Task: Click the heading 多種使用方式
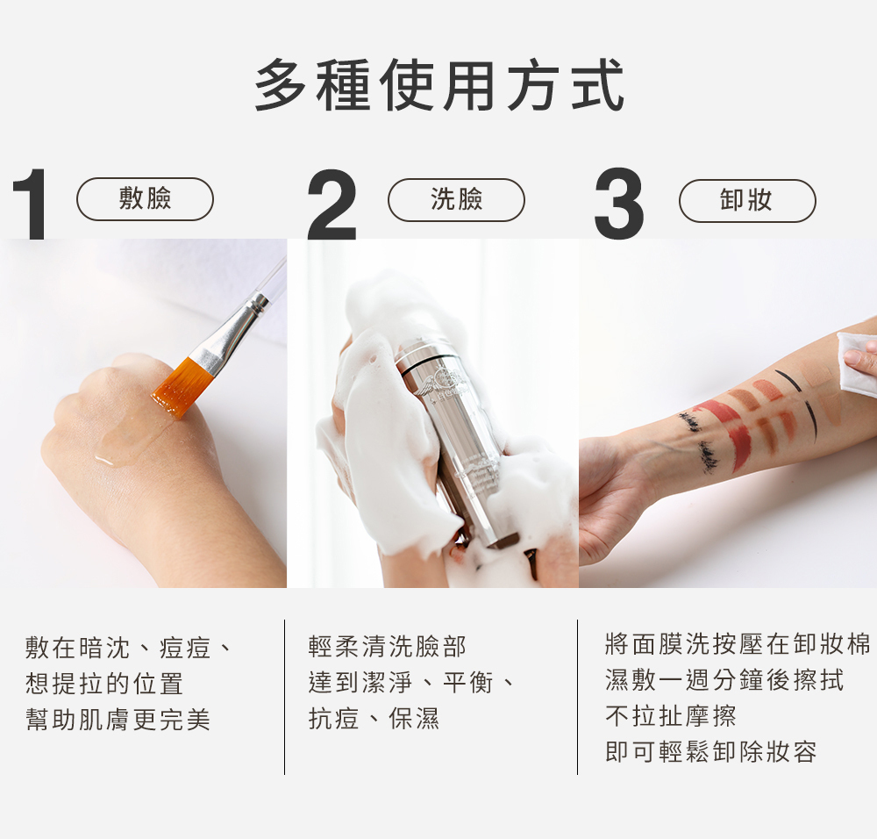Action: tap(439, 85)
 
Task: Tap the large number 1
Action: tap(29, 204)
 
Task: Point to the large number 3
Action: tap(619, 204)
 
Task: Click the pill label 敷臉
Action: tap(145, 198)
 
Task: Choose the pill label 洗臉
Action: tap(456, 199)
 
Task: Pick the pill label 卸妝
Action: tap(747, 200)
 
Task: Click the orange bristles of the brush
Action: tap(180, 387)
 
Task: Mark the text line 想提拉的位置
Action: tap(104, 684)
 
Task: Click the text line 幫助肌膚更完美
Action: tap(118, 720)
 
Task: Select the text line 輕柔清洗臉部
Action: tap(387, 647)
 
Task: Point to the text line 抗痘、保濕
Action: tap(374, 719)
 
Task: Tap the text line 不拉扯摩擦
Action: tap(671, 715)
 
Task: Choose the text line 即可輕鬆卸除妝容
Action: tap(711, 752)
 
